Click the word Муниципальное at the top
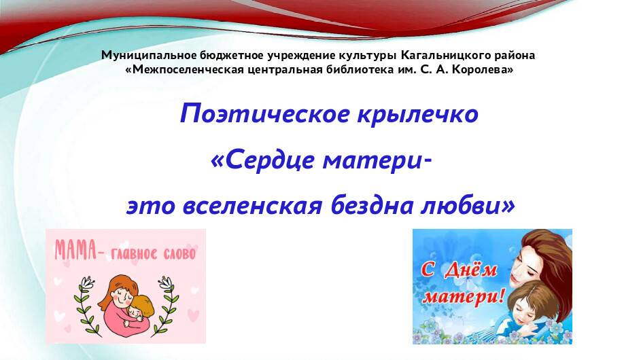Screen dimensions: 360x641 [x=150, y=55]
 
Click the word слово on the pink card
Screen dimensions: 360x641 [x=177, y=255]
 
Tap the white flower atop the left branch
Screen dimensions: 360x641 [x=86, y=279]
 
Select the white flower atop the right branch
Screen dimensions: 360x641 [x=166, y=279]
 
